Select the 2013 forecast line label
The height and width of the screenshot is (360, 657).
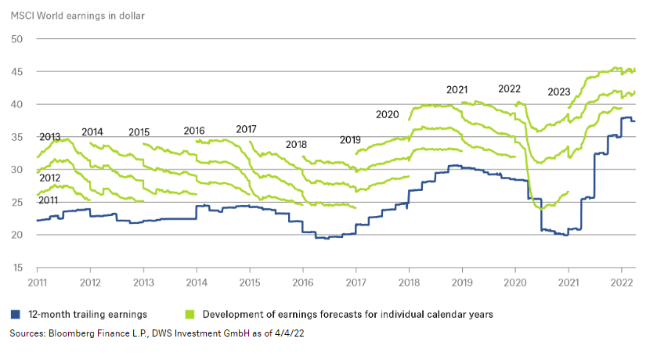click(x=49, y=137)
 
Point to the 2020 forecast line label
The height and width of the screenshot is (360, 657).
click(x=387, y=114)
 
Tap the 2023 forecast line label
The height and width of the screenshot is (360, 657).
click(x=558, y=92)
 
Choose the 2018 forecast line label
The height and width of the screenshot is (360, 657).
click(x=296, y=145)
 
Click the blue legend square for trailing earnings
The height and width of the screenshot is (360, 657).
click(x=14, y=315)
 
